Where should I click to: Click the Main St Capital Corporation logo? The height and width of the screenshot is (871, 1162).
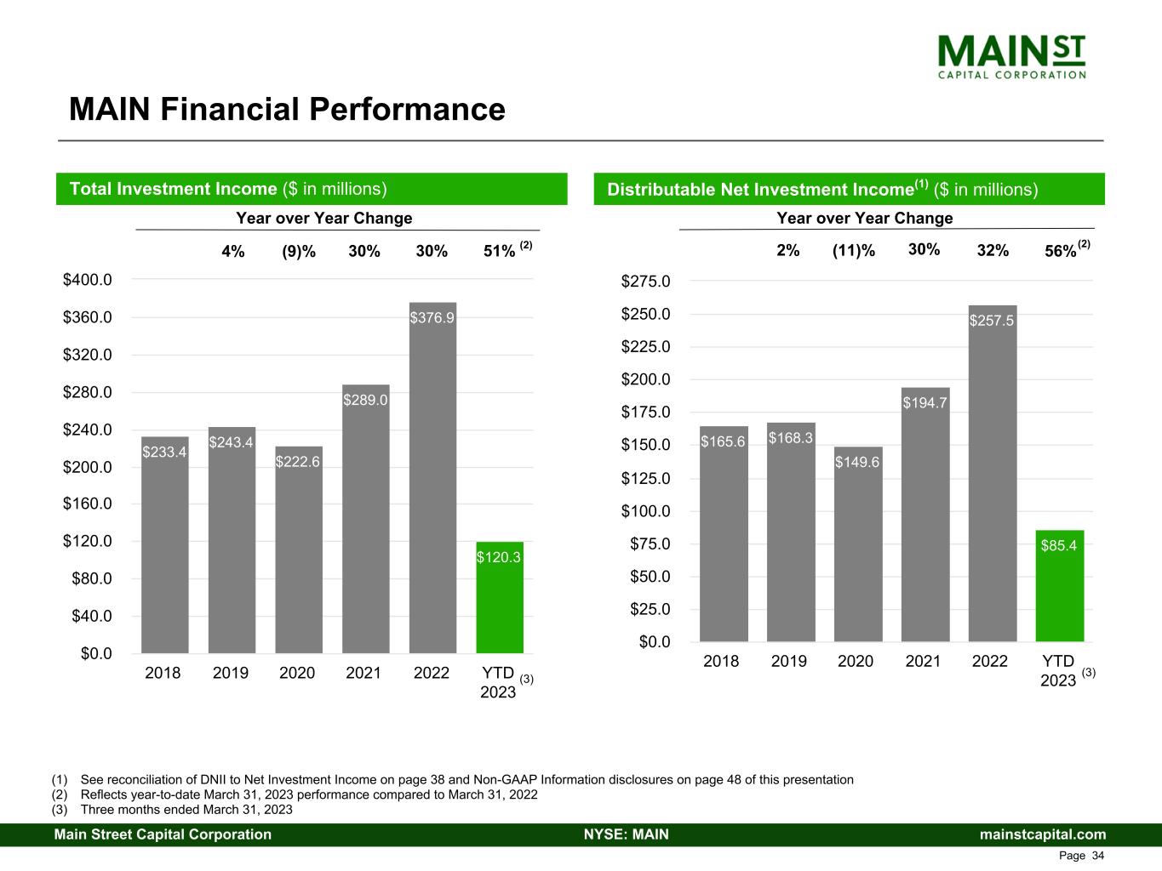[x=1011, y=57]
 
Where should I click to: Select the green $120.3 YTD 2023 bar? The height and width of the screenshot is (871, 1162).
[x=500, y=597]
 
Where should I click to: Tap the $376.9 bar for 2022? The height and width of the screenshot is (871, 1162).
[x=432, y=477]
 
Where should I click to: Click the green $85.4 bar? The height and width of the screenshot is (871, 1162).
[x=1059, y=586]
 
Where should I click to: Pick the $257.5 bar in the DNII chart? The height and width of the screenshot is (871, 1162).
[x=993, y=473]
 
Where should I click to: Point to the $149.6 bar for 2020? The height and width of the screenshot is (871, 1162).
[x=858, y=544]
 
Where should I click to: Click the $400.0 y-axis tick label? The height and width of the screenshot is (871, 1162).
[x=88, y=279]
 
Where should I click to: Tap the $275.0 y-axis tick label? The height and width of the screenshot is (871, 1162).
[x=645, y=281]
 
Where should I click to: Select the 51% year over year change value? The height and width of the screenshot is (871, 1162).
[x=499, y=251]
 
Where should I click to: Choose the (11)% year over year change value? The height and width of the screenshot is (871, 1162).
[x=853, y=250]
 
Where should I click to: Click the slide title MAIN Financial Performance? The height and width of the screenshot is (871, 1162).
[x=287, y=109]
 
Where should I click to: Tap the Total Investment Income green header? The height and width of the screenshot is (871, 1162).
[x=312, y=189]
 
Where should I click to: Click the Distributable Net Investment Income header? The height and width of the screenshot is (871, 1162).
[x=849, y=189]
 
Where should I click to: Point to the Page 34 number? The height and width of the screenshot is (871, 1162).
[x=1081, y=855]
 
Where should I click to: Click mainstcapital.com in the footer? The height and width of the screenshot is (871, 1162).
[x=1042, y=834]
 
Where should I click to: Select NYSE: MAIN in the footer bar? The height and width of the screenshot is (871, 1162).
[x=627, y=834]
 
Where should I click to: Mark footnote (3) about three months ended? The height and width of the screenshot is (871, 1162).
[x=172, y=809]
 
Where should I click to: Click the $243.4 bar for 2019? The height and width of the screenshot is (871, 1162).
[x=232, y=540]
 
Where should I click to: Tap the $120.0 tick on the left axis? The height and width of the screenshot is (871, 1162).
[x=88, y=541]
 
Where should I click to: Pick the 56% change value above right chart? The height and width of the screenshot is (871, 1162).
[x=1061, y=251]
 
